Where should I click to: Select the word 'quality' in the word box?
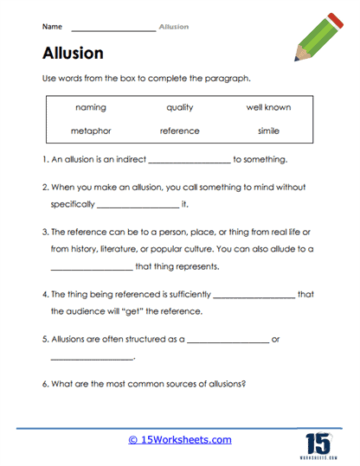pyautogui.click(x=180, y=107)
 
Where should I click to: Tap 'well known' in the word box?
pyautogui.click(x=268, y=107)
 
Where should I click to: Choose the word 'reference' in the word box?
pyautogui.click(x=180, y=131)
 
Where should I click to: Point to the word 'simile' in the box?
pyautogui.click(x=268, y=131)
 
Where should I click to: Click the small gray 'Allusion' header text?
pyautogui.click(x=174, y=27)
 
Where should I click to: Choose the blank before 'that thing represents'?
pyautogui.click(x=91, y=268)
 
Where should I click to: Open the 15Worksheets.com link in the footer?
pyautogui.click(x=180, y=439)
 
